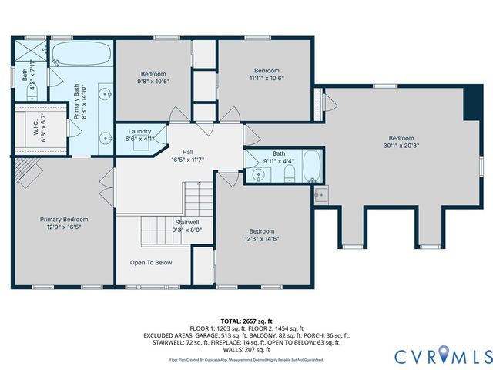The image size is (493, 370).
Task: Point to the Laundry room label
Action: (x=139, y=132)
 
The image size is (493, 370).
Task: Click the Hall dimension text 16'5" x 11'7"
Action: (x=187, y=159)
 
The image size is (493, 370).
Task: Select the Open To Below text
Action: (x=151, y=263)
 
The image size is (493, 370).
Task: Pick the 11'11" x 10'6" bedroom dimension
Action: (x=267, y=78)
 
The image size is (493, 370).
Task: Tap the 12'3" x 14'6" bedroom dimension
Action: (x=262, y=239)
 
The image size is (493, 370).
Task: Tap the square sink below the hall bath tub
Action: (x=322, y=196)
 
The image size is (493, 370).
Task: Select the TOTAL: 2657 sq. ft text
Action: (x=246, y=320)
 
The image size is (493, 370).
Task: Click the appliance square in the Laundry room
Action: (x=140, y=143)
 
